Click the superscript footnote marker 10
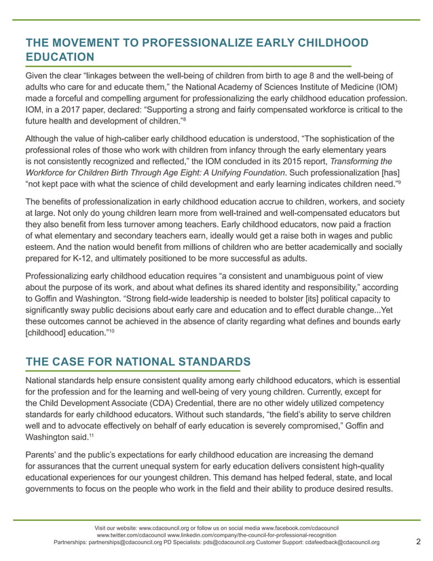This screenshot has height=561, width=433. [113, 330]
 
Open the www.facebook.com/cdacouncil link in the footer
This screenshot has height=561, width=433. [300, 527]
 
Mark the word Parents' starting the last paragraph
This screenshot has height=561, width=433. [42, 453]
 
